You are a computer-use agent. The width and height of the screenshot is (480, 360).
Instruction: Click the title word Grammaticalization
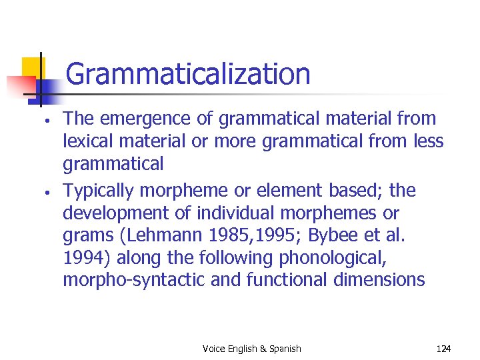coord(188,74)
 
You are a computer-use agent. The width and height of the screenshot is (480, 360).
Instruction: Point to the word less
coord(427,142)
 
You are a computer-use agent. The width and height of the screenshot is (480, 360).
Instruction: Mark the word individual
coord(250,214)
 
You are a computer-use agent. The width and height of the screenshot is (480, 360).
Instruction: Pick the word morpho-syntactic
coord(134,280)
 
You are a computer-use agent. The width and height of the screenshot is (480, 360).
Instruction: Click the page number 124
coord(443,349)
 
